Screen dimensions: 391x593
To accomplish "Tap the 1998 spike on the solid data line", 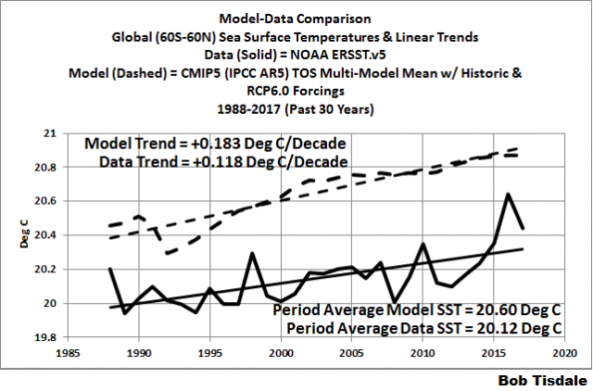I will pos(252,253).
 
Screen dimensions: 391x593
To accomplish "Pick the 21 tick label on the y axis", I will pos(50,132).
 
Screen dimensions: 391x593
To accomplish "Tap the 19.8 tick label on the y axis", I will pos(46,338).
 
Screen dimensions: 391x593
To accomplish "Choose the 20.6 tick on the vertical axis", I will pos(46,201).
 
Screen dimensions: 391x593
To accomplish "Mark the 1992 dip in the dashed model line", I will pos(167,253).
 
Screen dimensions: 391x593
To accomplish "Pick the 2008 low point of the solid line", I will pos(395,302).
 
